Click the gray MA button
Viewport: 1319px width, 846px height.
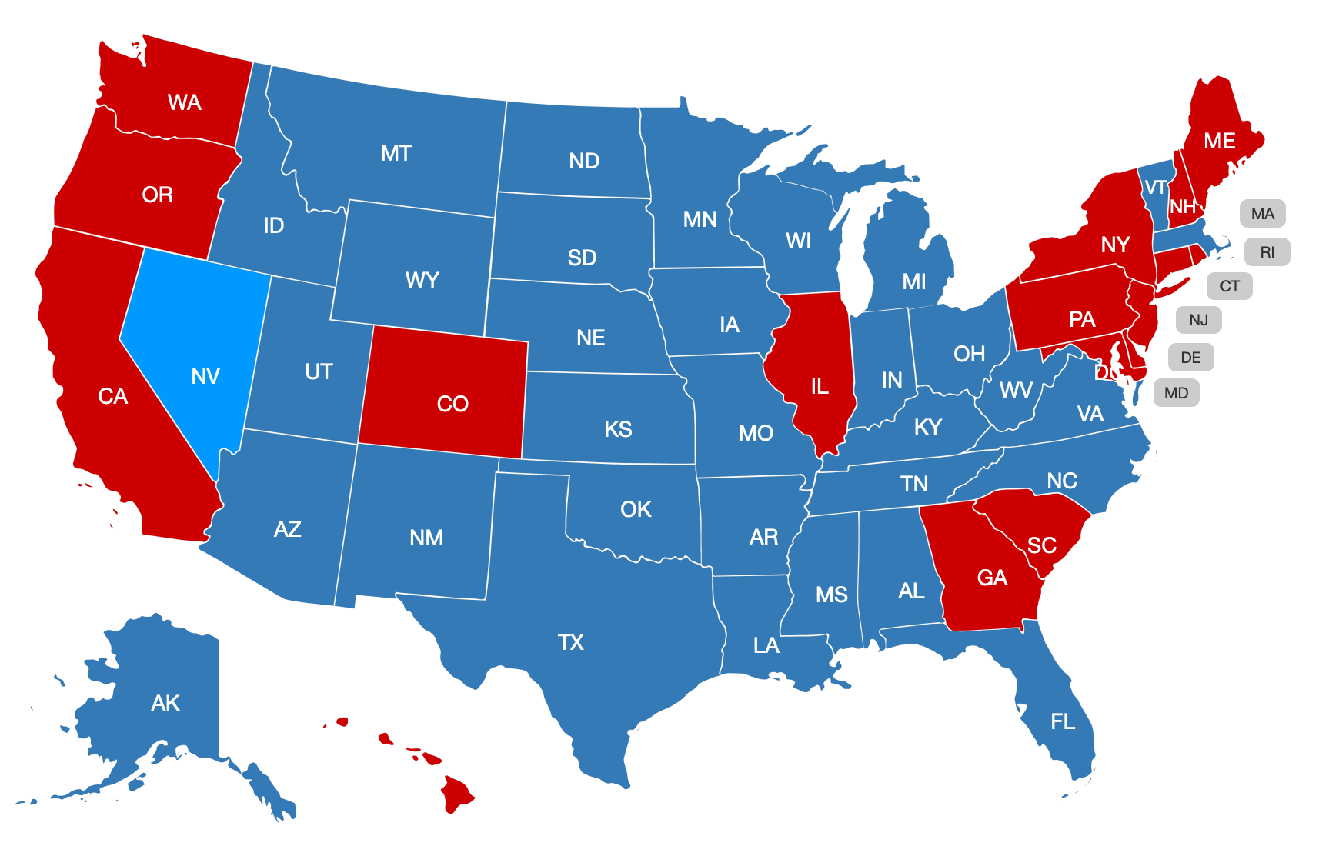coord(1262,214)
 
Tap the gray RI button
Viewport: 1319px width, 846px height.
coord(1267,252)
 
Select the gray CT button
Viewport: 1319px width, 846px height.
coord(1229,286)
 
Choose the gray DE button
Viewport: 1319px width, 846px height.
coord(1190,358)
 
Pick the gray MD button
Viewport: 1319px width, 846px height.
coord(1176,393)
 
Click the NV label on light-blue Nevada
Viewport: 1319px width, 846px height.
coord(205,376)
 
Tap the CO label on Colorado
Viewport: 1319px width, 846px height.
coord(452,404)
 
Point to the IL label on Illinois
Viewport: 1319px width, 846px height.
coord(820,386)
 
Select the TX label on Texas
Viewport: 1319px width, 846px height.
coord(571,642)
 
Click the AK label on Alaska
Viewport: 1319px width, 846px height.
coord(165,703)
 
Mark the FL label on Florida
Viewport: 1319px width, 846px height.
coord(1063,721)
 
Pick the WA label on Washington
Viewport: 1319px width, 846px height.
coord(185,102)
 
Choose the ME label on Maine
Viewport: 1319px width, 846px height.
coord(1220,141)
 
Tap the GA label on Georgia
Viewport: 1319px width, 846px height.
coord(992,578)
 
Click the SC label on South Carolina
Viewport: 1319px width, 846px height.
coord(1042,545)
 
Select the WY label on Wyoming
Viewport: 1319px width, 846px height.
coord(422,279)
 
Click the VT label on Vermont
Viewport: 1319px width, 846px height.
coord(1156,188)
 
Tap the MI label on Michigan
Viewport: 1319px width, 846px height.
coord(914,281)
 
